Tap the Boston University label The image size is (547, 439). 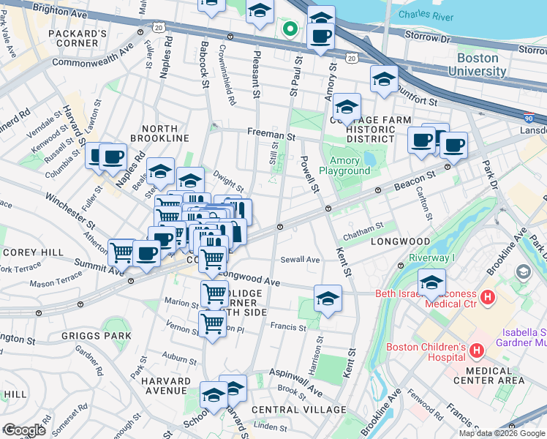tap(481, 64)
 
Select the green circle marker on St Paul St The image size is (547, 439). tap(290, 30)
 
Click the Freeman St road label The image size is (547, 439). tap(270, 135)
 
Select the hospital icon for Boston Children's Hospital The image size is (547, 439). tap(476, 351)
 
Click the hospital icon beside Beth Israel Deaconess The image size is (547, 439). tap(488, 299)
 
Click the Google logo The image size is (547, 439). tap(24, 429)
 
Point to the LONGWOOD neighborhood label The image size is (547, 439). tap(400, 241)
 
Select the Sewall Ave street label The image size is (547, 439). tap(302, 259)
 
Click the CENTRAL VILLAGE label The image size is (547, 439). tap(298, 409)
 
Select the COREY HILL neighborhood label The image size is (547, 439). tap(25, 251)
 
